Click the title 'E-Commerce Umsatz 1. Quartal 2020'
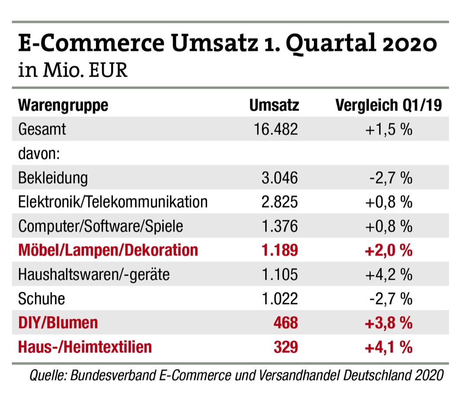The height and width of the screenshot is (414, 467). [x=227, y=44]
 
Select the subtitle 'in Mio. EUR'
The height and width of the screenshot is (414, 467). [x=73, y=70]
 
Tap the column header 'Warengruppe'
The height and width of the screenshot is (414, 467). [x=63, y=105]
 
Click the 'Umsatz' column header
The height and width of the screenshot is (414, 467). [x=274, y=105]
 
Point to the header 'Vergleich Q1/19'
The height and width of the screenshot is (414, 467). [x=388, y=105]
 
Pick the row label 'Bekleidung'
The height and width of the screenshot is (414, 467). [x=53, y=177]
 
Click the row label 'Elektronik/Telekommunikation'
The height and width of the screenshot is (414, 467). [x=113, y=202]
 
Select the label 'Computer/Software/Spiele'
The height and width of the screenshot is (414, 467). [x=101, y=226]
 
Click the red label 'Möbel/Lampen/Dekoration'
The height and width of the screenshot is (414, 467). [x=108, y=250]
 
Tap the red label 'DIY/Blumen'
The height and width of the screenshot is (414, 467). [x=58, y=323]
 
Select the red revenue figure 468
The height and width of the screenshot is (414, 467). [x=286, y=323]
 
